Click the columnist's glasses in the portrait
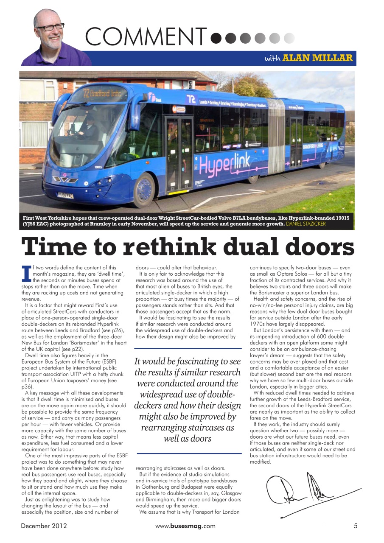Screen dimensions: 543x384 (x=50, y=28)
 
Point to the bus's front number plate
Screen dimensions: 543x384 (x=66, y=196)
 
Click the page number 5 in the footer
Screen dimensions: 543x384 (x=356, y=526)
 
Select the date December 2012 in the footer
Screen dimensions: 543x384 (x=44, y=526)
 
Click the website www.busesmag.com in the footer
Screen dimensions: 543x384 (x=185, y=526)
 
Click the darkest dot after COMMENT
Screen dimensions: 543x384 (x=216, y=38)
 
